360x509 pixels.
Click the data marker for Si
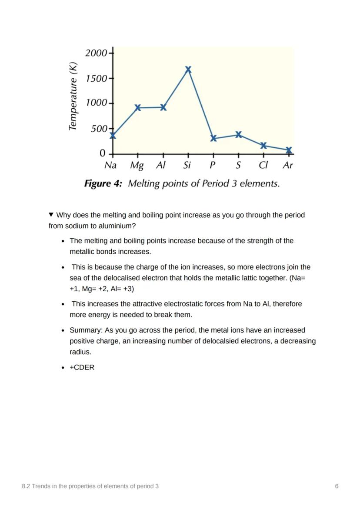188,70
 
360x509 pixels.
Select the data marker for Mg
138,107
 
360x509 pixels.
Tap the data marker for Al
163,107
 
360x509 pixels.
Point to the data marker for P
213,138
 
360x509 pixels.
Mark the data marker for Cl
263,145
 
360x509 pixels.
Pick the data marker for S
238,134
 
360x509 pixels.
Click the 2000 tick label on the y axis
96,53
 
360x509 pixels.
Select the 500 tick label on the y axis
99,129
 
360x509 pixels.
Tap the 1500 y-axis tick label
96,78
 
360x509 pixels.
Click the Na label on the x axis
111,166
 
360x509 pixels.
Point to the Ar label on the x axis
288,166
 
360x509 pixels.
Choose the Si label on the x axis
187,166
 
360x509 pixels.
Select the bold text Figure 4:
103,184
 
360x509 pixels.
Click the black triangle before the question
51,215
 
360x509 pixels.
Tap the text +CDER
82,367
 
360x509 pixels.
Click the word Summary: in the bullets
86,330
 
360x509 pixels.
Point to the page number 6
337,486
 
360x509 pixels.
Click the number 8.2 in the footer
26,486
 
